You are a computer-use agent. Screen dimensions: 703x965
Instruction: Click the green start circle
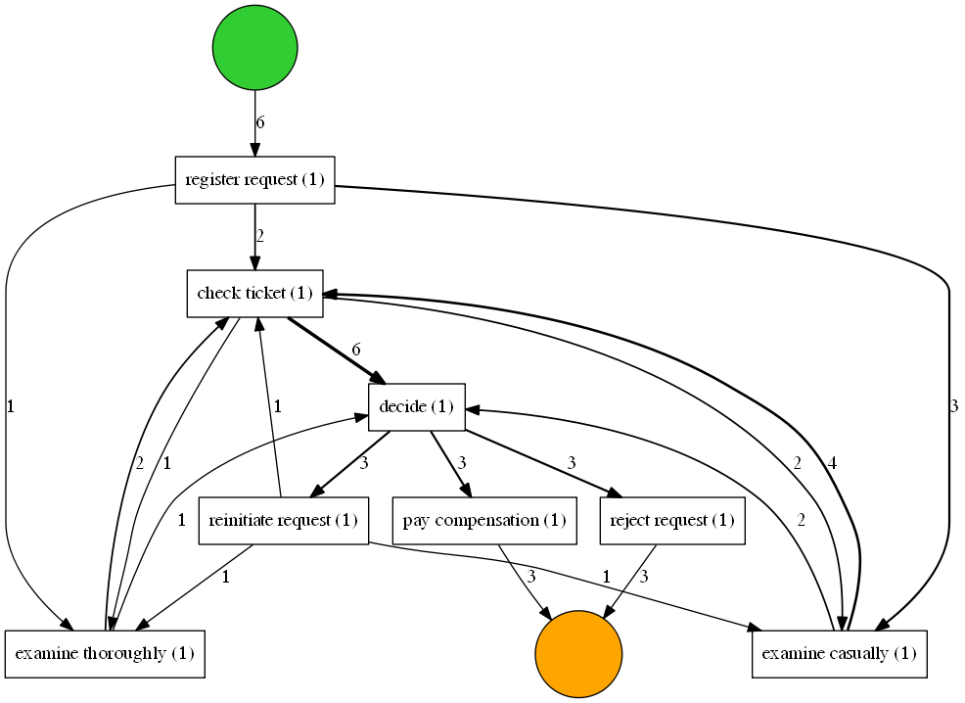pyautogui.click(x=254, y=48)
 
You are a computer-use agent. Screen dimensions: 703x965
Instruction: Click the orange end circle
pyautogui.click(x=578, y=654)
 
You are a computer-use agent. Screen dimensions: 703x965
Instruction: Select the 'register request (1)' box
pyautogui.click(x=254, y=180)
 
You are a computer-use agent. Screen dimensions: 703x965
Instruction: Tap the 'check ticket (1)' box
pyautogui.click(x=254, y=294)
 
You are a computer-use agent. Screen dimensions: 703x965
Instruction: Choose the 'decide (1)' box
pyautogui.click(x=416, y=407)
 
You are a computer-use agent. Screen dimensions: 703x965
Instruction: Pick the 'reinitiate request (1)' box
pyautogui.click(x=283, y=521)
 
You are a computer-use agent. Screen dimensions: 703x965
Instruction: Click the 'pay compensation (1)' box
pyautogui.click(x=483, y=521)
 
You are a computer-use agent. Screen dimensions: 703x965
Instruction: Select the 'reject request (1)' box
pyautogui.click(x=671, y=521)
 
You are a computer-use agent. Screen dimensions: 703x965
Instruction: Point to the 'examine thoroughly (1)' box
pyautogui.click(x=104, y=654)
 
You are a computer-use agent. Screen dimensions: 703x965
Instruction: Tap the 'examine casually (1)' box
pyautogui.click(x=839, y=654)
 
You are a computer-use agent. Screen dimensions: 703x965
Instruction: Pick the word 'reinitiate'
pyautogui.click(x=241, y=521)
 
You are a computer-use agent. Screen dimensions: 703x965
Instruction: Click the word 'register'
pyautogui.click(x=212, y=180)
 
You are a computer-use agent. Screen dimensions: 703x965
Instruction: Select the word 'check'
pyautogui.click(x=217, y=294)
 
